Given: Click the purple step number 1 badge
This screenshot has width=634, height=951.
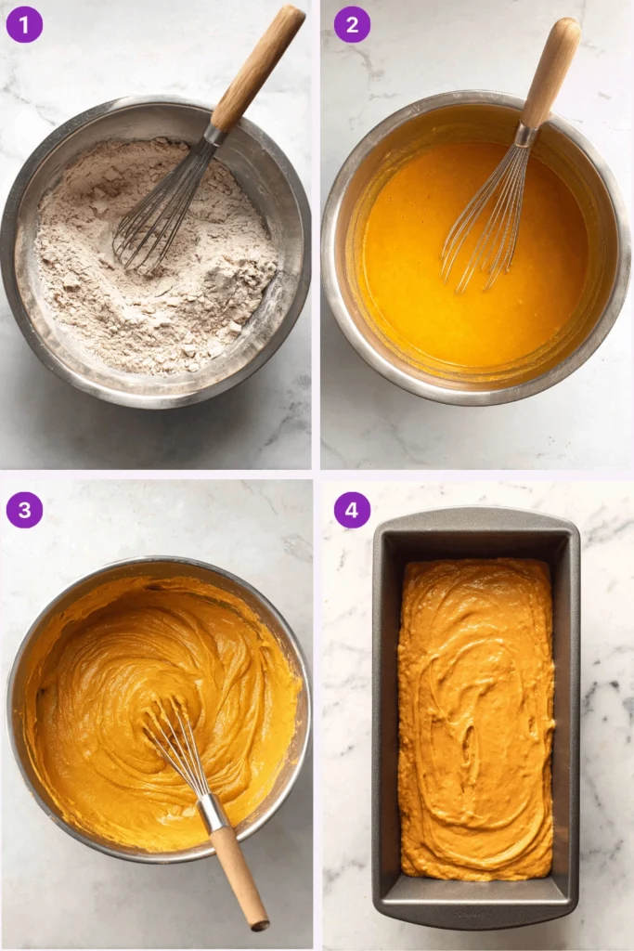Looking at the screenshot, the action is click(24, 24).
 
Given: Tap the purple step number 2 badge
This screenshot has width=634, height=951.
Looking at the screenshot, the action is click(352, 24).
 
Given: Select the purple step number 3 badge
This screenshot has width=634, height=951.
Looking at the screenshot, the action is click(24, 510).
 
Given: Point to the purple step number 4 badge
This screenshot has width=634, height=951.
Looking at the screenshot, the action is click(352, 510).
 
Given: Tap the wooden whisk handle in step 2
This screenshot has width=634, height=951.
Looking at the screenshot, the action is click(550, 72).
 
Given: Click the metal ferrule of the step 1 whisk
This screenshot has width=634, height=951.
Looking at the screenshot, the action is click(216, 134).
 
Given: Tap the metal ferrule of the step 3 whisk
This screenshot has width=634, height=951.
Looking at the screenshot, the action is click(213, 812).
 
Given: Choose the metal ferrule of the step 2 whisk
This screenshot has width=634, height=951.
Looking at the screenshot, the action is click(526, 136).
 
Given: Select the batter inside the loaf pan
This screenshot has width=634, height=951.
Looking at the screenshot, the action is click(476, 719).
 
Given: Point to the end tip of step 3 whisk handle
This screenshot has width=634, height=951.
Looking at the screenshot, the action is click(261, 926).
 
